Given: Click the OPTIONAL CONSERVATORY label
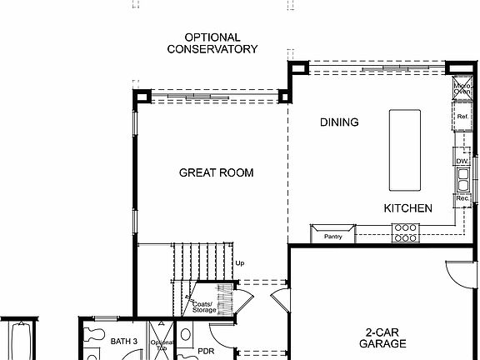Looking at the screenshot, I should [x=212, y=43].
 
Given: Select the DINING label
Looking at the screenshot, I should [x=339, y=122].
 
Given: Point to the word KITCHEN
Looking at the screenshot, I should [x=407, y=208].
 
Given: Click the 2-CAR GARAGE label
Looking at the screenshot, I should [x=382, y=337].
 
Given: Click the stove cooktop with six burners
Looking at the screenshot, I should [x=406, y=232].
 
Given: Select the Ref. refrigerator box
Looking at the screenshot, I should [x=462, y=117].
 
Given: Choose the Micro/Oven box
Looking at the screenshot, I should [x=462, y=87].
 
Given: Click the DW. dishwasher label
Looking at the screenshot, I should [x=462, y=161].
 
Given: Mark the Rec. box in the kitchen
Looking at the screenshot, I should [x=462, y=199].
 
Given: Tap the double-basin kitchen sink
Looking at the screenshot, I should [x=462, y=178].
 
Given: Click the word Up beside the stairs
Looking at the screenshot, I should [x=240, y=263].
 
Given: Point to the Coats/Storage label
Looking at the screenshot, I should [x=204, y=307].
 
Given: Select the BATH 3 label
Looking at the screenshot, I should [x=123, y=341].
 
